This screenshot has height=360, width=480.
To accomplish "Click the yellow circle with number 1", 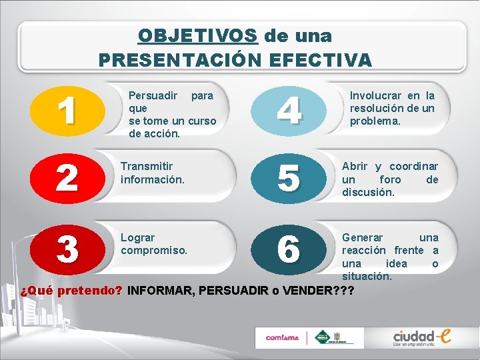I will [x=66, y=110].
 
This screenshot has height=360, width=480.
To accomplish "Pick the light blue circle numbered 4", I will [x=288, y=110].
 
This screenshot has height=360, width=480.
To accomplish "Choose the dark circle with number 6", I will [x=288, y=249].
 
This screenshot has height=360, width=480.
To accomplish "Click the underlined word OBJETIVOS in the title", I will [x=198, y=35].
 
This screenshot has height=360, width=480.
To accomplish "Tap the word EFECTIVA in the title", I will [x=321, y=60].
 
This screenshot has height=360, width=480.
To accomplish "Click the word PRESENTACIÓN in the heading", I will [x=181, y=60].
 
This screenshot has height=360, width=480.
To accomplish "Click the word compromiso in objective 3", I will [x=154, y=251].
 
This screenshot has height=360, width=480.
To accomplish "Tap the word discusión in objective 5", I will [x=369, y=192].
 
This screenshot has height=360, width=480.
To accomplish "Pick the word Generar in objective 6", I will [x=363, y=238].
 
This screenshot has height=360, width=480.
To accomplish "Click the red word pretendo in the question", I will [x=89, y=291].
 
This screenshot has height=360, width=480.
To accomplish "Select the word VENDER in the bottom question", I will [x=306, y=291].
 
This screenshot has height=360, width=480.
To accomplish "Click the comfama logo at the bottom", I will [x=282, y=337].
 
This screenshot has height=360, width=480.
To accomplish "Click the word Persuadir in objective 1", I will [x=153, y=95].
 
